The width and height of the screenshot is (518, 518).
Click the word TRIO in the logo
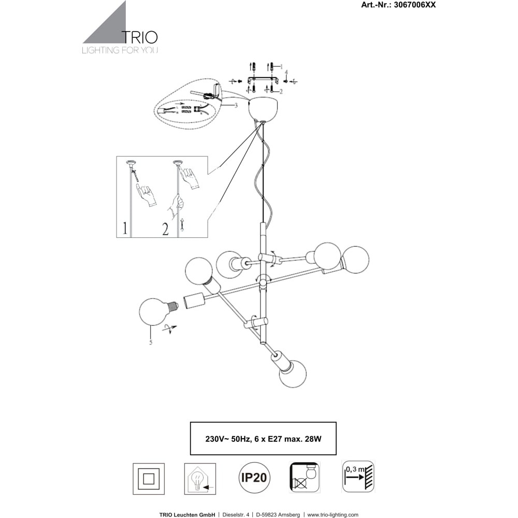[x=139, y=37]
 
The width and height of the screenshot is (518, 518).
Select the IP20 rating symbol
[x=253, y=477]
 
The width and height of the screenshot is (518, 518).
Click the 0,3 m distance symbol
[x=357, y=476]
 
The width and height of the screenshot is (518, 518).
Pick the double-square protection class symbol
[x=149, y=477]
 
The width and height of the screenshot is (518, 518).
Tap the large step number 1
[x=124, y=228]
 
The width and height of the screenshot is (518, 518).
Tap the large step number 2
[x=165, y=228]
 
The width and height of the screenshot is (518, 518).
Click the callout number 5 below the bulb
[x=150, y=342]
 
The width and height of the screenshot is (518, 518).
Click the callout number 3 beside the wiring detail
[x=236, y=105]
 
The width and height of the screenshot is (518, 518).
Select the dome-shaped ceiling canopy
[x=263, y=107]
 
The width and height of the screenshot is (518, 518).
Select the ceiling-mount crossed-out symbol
[x=305, y=477]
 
